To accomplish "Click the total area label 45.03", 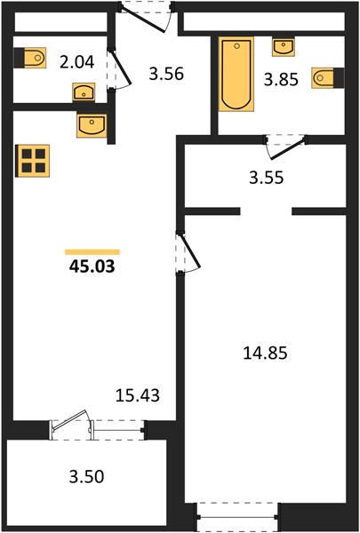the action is tap(92, 266).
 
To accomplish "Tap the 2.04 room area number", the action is tap(76, 62).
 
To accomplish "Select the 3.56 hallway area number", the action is tap(166, 74).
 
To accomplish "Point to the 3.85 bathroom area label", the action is tap(281, 80).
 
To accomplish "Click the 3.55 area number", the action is tap(266, 178).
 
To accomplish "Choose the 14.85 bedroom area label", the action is tap(265, 354).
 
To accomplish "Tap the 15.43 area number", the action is tap(138, 395).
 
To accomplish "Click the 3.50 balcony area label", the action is tap(86, 477).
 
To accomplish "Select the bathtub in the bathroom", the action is tap(236, 74).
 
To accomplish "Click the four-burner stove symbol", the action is tap(33, 161).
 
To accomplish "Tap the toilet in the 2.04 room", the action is tap(29, 58).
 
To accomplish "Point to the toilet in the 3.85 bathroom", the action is tap(328, 78).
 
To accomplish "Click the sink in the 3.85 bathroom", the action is tap(283, 47).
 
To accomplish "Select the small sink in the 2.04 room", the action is tap(84, 92).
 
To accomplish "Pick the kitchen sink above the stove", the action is tap(92, 126).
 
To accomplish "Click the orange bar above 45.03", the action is tap(92, 252).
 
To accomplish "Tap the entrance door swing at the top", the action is tap(147, 18).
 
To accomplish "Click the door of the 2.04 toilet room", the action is tap(119, 70).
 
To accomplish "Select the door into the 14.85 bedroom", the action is tap(188, 252).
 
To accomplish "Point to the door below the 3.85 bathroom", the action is tap(286, 147).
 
